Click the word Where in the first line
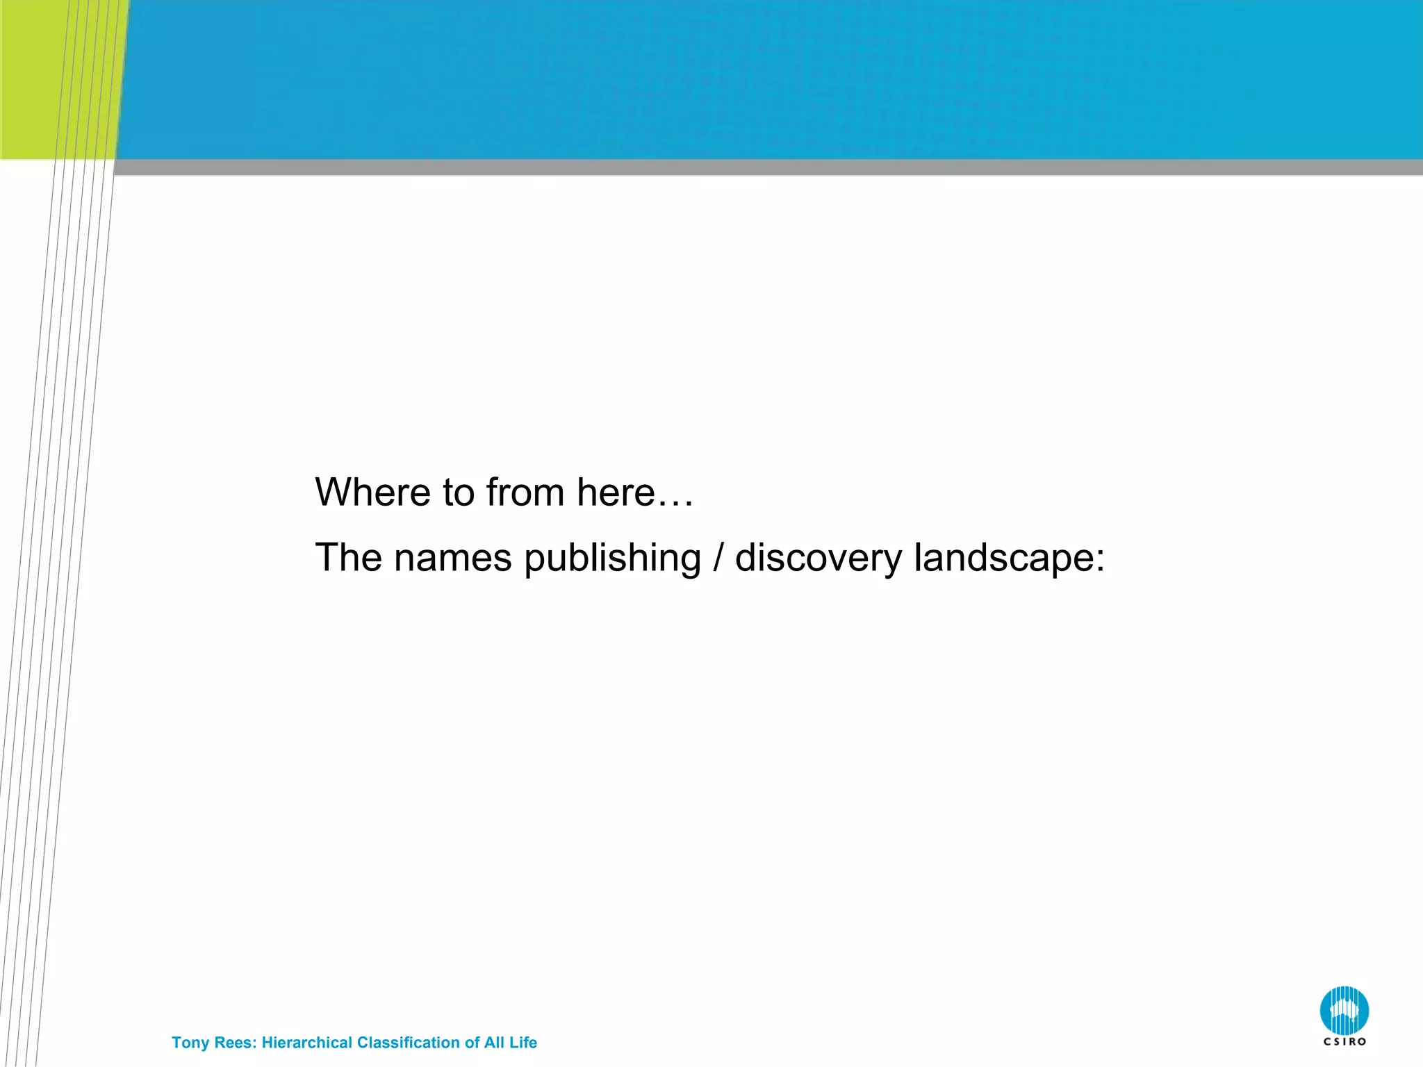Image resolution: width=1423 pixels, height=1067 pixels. [372, 493]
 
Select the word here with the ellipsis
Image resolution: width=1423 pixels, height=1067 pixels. [635, 493]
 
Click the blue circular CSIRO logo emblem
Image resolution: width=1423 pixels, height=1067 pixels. [1344, 1011]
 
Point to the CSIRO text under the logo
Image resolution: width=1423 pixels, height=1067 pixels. [1344, 1042]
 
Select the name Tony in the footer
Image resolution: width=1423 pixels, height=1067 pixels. [190, 1043]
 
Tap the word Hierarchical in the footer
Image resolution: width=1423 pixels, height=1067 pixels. [306, 1043]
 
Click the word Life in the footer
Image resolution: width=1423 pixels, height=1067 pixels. [523, 1043]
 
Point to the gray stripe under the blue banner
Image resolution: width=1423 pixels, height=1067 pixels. [764, 167]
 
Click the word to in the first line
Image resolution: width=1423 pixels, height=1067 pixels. [459, 493]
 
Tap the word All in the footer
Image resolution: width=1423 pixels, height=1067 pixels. [494, 1043]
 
